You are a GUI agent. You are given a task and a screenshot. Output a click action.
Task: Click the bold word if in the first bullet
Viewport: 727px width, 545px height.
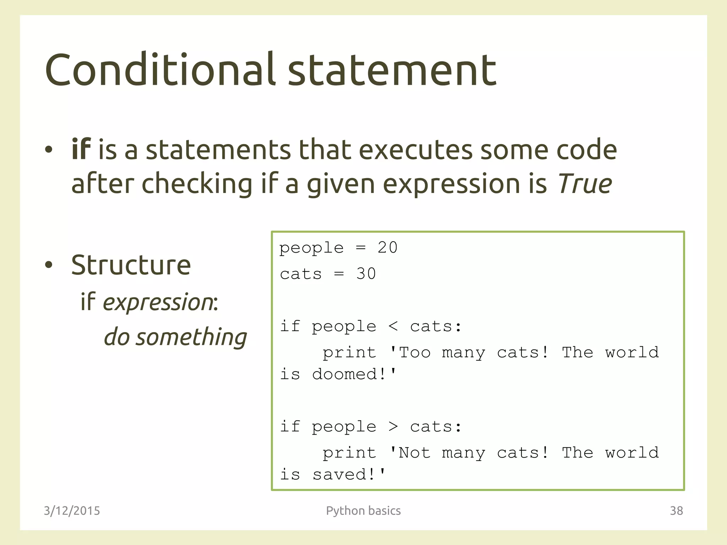[x=81, y=149]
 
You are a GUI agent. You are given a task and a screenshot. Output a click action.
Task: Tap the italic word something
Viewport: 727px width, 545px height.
[x=192, y=337]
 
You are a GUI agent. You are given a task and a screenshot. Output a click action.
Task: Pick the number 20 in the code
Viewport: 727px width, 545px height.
[x=387, y=248]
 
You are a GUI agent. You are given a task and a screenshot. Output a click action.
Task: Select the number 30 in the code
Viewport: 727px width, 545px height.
[x=366, y=274]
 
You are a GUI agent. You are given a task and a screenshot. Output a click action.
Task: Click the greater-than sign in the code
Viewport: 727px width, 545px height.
[x=393, y=426]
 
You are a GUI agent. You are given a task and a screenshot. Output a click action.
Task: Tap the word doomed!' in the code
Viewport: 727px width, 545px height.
[x=354, y=374]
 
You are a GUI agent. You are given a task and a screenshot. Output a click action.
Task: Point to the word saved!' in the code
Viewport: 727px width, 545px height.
[x=349, y=475]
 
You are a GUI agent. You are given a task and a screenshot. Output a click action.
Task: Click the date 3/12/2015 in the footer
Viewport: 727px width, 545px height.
[x=72, y=511]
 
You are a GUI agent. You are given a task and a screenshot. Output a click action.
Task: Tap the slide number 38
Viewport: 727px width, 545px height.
[x=676, y=511]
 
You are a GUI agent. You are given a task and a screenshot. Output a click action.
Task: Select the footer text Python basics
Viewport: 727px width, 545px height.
[x=363, y=511]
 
